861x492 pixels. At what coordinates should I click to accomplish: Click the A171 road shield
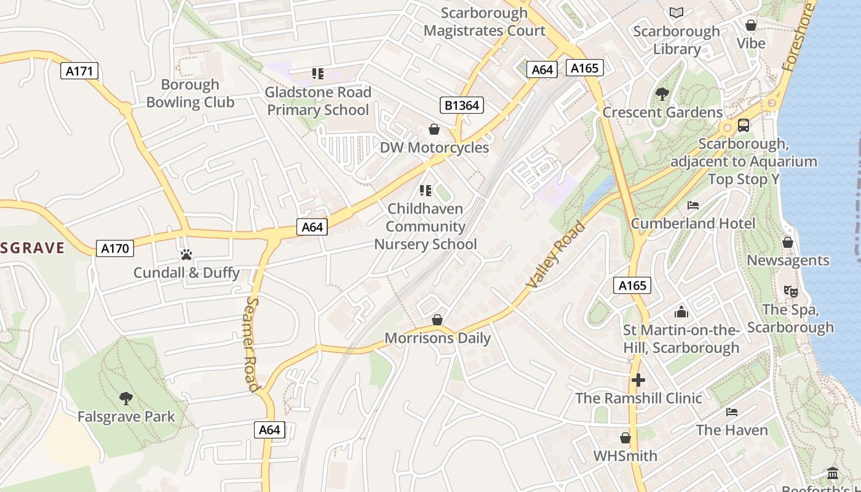click(x=80, y=71)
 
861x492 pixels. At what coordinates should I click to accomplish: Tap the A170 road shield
click(x=114, y=248)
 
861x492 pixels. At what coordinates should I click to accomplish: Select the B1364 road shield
click(x=462, y=105)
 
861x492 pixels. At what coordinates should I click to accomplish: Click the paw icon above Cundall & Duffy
click(x=186, y=254)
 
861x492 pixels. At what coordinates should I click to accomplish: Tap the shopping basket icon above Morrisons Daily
click(x=437, y=320)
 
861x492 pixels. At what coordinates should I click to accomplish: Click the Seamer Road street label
click(x=253, y=344)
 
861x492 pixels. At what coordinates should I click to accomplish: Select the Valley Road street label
click(x=556, y=255)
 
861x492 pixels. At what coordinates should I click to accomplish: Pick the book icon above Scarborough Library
click(x=676, y=13)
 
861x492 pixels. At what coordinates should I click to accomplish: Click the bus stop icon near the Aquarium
click(x=743, y=125)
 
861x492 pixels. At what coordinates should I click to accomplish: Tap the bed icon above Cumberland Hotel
click(x=693, y=205)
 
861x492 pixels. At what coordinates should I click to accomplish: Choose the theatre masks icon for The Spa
click(x=790, y=291)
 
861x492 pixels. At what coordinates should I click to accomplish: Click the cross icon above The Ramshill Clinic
click(x=638, y=380)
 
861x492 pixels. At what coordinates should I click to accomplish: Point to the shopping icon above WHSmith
click(x=625, y=438)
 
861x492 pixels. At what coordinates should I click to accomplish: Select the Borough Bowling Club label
click(x=190, y=93)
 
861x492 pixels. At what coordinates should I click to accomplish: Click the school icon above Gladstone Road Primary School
click(x=317, y=74)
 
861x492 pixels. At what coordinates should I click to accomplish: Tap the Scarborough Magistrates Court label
click(x=485, y=22)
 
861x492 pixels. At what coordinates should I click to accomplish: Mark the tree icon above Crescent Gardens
click(x=662, y=94)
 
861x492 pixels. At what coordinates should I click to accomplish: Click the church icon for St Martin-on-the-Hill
click(x=681, y=312)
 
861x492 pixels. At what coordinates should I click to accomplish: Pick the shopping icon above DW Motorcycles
click(x=434, y=129)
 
